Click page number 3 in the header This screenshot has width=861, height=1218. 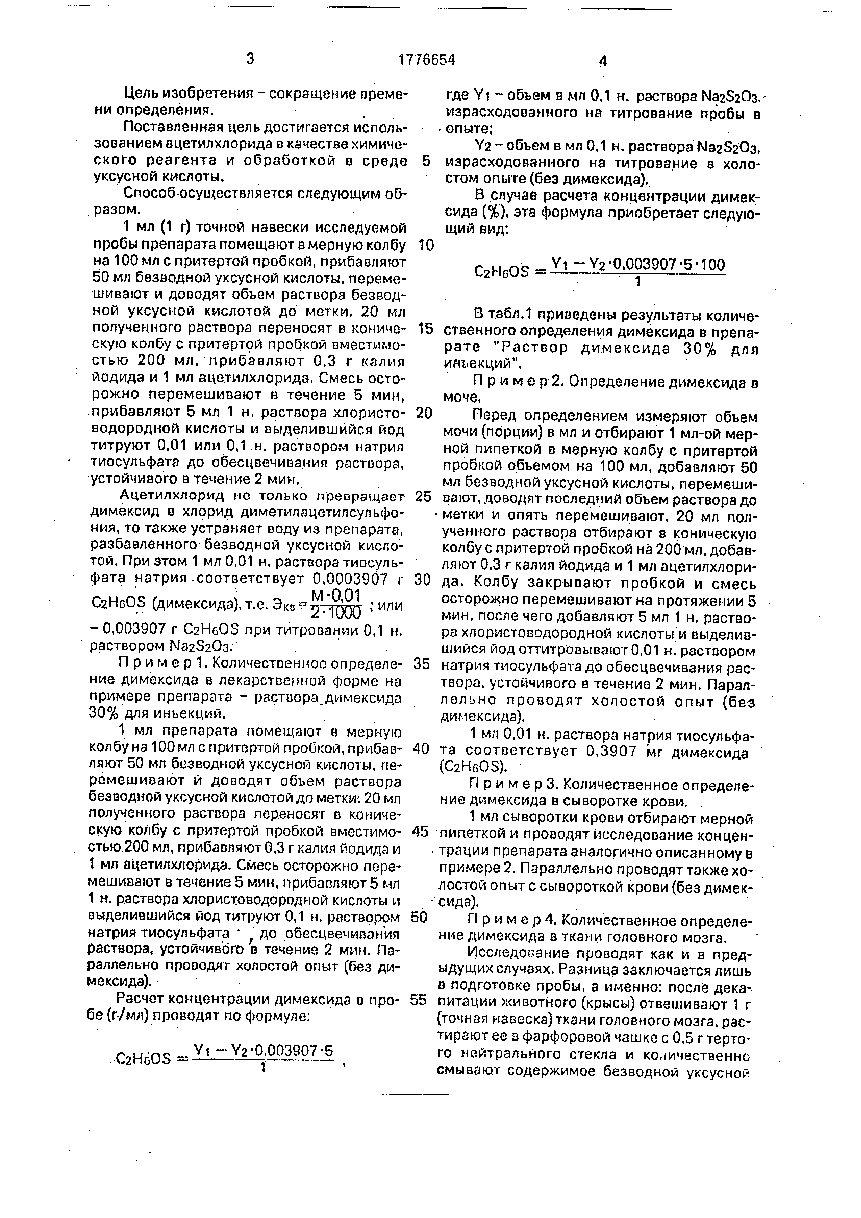click(x=250, y=58)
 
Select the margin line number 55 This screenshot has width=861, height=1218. click(x=419, y=1000)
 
